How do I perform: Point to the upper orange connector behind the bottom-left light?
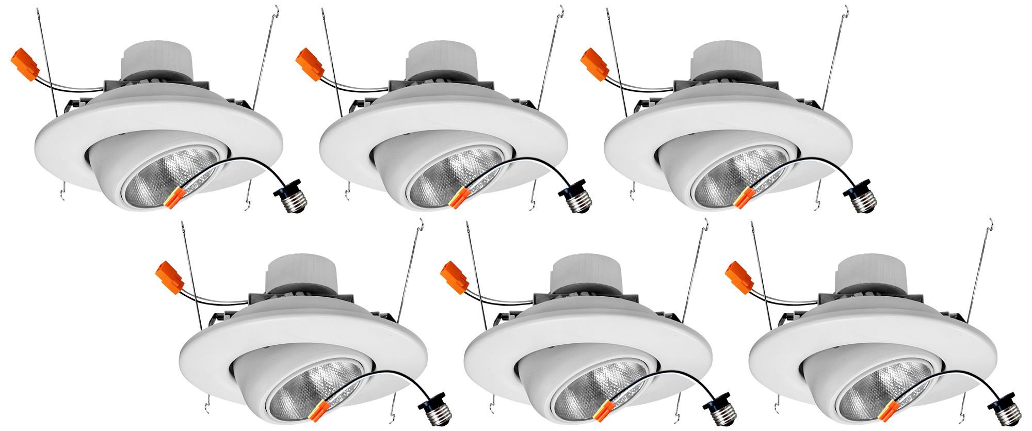pyautogui.click(x=169, y=278)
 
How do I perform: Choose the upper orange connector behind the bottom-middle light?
pyautogui.click(x=454, y=278)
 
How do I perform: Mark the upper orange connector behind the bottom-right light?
pyautogui.click(x=739, y=278)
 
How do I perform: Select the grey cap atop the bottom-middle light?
pyautogui.click(x=583, y=273)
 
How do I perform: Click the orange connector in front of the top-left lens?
pyautogui.click(x=175, y=197)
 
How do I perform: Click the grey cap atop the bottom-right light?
pyautogui.click(x=868, y=273)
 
